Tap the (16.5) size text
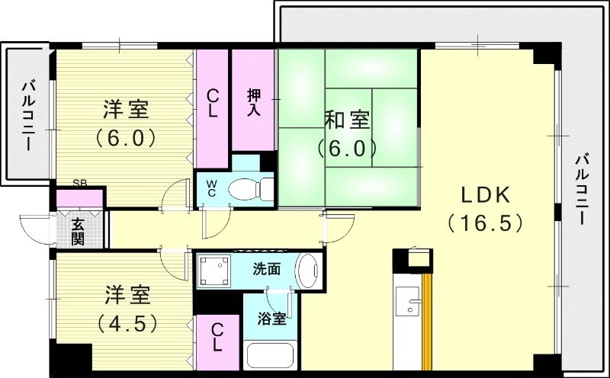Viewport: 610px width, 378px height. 485,223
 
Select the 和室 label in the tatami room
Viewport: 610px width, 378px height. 348,120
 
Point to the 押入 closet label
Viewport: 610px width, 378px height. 254,102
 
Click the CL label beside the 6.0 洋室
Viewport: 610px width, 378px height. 213,102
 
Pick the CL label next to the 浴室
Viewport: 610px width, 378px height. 217,337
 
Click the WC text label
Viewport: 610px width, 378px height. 211,187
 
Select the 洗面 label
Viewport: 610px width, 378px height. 267,269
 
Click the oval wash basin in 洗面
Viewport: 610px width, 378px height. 308,271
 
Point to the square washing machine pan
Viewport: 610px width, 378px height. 216,271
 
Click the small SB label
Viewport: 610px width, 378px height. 79,183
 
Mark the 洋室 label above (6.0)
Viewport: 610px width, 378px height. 126,110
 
